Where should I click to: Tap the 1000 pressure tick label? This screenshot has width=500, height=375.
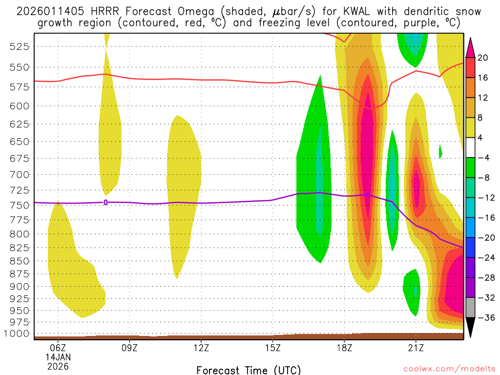[20, 333]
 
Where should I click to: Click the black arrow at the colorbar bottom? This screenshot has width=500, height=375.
[470, 328]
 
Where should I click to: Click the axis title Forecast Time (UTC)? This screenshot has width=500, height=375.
[249, 370]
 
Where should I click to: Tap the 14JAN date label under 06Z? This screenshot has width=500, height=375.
[58, 357]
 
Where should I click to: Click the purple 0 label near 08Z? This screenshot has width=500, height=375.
[105, 203]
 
